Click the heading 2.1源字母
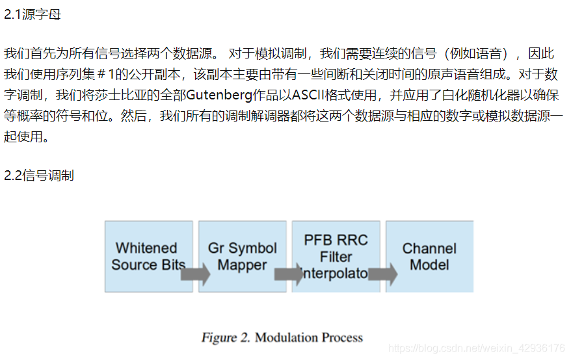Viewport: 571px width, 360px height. click(x=33, y=14)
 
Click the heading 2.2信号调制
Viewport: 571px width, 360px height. click(x=39, y=175)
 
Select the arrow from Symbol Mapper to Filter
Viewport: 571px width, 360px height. click(x=289, y=274)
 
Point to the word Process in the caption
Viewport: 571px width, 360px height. click(x=342, y=338)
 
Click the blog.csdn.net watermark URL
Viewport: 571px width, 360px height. click(x=477, y=349)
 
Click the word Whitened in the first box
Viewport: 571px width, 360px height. click(x=146, y=248)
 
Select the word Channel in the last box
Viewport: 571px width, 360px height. click(x=429, y=248)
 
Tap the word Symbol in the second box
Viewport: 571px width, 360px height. click(x=252, y=248)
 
